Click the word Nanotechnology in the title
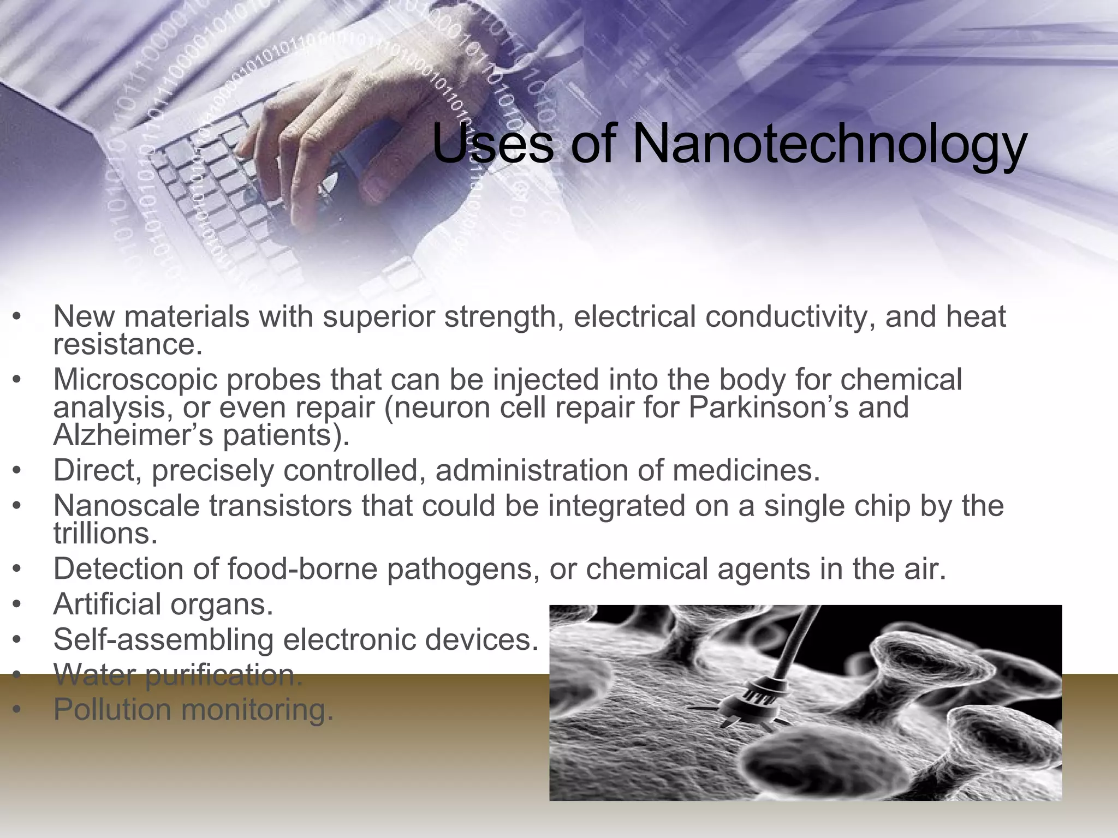pos(830,146)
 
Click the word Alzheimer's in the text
pos(129,435)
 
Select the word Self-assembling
pos(163,639)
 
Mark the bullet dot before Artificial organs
pos(18,605)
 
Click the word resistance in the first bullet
pos(128,345)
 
